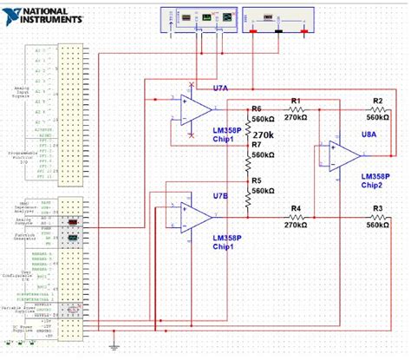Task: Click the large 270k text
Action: click(x=264, y=135)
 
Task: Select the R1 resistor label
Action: click(x=296, y=101)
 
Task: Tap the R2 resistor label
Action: click(x=377, y=101)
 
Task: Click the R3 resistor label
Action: click(x=377, y=210)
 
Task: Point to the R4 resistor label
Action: click(x=296, y=210)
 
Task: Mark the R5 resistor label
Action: click(x=257, y=181)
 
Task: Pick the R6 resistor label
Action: click(x=257, y=109)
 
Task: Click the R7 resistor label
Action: click(x=257, y=145)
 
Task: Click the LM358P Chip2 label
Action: click(x=375, y=180)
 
